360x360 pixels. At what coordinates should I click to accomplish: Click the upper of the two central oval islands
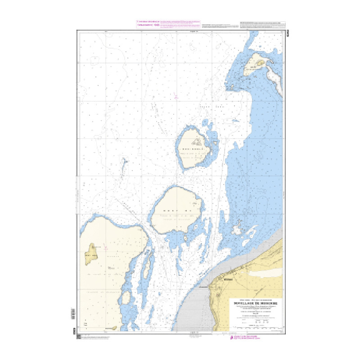(x=193, y=148)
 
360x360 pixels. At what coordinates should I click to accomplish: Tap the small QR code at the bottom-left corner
(x=79, y=337)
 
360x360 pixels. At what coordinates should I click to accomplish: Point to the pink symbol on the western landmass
(x=107, y=247)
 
